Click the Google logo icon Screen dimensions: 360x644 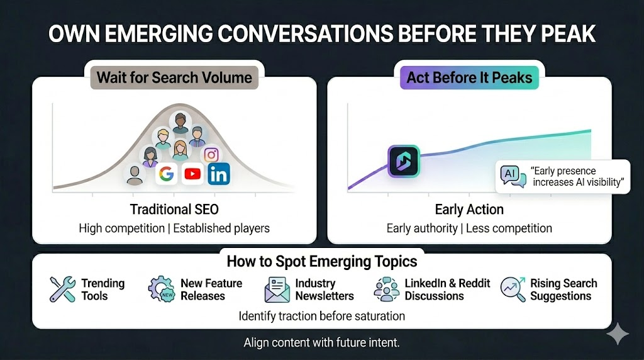click(166, 174)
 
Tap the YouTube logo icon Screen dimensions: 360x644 click(192, 174)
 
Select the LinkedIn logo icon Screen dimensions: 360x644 click(219, 174)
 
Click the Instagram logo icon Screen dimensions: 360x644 click(211, 155)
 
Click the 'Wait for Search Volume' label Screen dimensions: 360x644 click(174, 78)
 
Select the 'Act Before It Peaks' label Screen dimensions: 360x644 click(469, 78)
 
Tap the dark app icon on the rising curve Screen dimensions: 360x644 click(403, 160)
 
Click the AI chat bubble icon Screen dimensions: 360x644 click(511, 176)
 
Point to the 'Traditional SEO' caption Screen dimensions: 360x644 click(174, 210)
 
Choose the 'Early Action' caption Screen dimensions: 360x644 click(469, 210)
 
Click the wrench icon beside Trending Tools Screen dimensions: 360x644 click(62, 289)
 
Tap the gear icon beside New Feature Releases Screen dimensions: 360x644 click(161, 289)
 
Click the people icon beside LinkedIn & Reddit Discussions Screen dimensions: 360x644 click(386, 289)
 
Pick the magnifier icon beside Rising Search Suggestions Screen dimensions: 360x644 click(513, 289)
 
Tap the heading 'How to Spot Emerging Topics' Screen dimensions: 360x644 click(321, 261)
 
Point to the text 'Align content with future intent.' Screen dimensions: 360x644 click(321, 344)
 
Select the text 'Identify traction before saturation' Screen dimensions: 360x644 click(321, 315)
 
